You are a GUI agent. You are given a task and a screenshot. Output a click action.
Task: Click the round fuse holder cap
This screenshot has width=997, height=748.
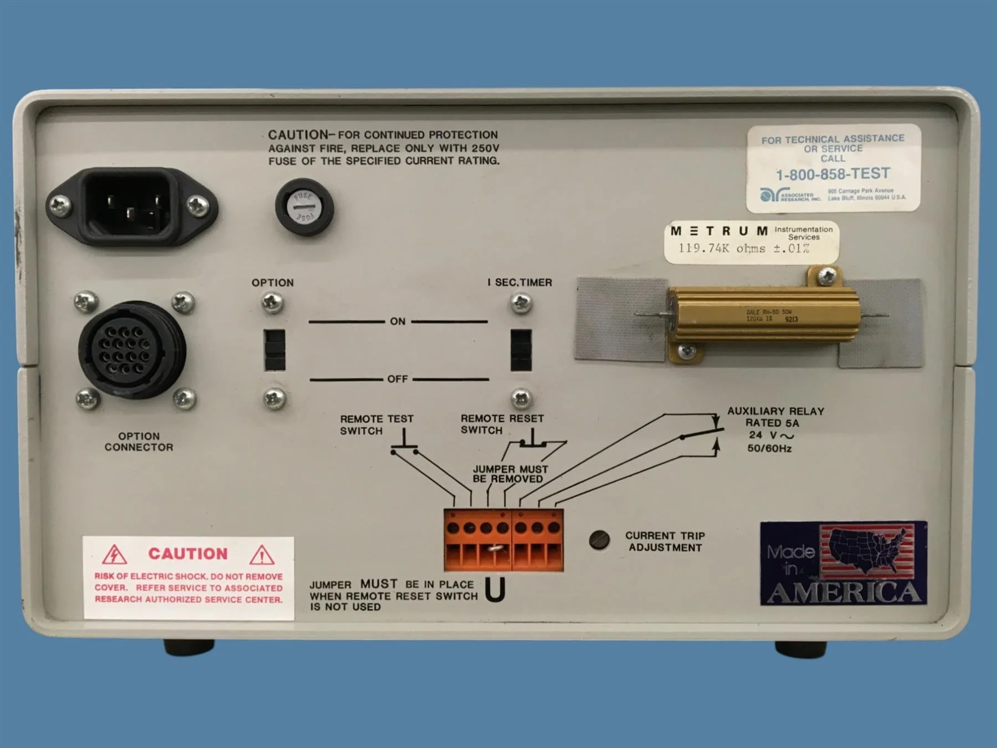click(x=304, y=207)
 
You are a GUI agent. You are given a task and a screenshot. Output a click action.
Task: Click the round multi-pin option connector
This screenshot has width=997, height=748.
click(x=131, y=350)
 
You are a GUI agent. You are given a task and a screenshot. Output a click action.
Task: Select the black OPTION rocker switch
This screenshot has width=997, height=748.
click(x=275, y=350)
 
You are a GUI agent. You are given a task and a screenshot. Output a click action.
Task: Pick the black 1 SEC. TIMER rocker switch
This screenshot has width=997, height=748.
click(x=521, y=350)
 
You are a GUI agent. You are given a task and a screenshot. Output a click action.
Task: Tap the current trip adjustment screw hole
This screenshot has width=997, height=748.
click(x=599, y=540)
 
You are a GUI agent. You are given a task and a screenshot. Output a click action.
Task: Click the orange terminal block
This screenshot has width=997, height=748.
click(x=503, y=540)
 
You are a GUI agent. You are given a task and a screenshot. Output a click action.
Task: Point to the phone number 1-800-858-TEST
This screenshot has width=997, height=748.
click(x=832, y=175)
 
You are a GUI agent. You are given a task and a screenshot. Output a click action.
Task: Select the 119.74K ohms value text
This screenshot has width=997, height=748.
click(x=743, y=249)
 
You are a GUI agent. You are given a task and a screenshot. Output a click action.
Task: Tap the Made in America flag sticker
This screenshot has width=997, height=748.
click(x=843, y=563)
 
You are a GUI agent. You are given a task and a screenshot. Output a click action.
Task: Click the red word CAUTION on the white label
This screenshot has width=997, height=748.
click(x=188, y=554)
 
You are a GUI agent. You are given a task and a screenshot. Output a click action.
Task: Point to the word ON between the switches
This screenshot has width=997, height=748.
click(x=398, y=321)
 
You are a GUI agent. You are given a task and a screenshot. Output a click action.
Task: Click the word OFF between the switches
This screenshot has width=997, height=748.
click(x=398, y=379)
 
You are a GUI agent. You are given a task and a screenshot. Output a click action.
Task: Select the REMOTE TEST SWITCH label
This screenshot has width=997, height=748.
click(x=376, y=424)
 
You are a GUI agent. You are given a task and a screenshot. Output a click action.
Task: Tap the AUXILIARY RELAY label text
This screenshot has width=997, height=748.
click(x=775, y=411)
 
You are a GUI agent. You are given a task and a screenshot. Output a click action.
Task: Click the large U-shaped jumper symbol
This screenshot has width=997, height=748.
click(x=495, y=590)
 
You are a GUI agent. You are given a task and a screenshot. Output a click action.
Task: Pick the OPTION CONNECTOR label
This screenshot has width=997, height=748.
click(x=138, y=442)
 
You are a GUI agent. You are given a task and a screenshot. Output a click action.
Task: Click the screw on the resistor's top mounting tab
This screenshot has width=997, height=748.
click(x=826, y=275)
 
